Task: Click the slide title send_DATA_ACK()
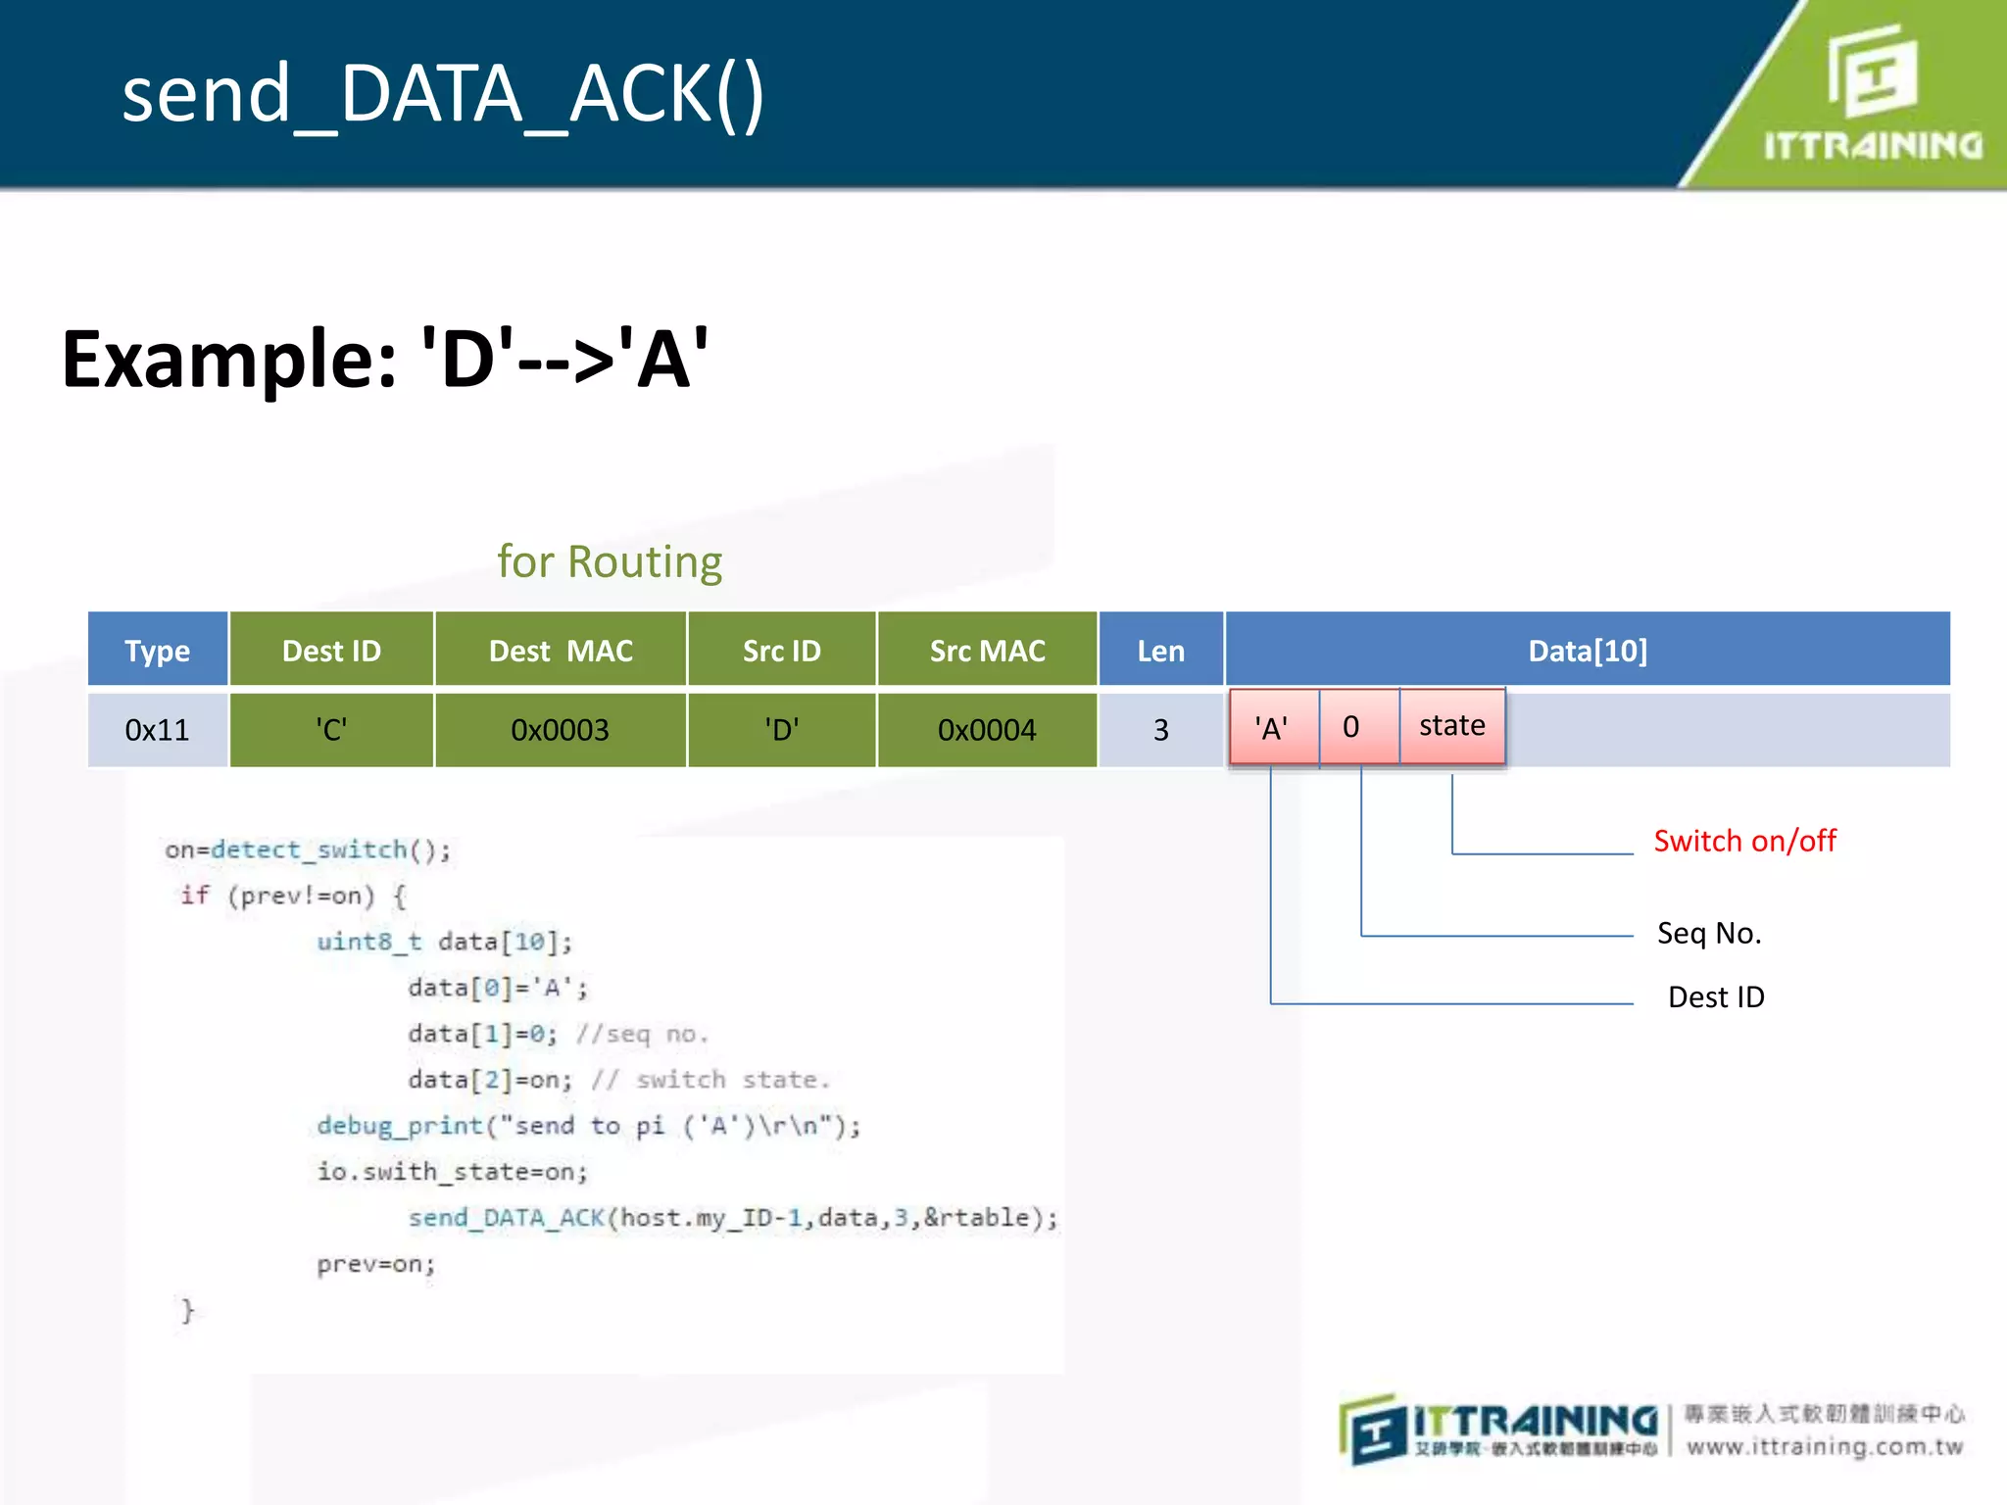442,94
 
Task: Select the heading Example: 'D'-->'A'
384,360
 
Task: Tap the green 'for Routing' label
610,562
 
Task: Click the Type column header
157,651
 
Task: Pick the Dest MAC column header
561,651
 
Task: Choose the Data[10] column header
1588,651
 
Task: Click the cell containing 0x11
157,730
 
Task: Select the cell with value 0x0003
561,730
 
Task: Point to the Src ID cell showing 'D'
781,730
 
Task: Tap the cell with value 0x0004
987,730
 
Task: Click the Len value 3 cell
1160,730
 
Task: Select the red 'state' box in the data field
1451,726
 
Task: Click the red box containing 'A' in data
1272,727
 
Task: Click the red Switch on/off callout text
1744,841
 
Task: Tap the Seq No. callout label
1709,933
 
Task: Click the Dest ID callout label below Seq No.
1716,997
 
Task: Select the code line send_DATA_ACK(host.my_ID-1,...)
732,1218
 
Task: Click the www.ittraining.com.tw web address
1825,1447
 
